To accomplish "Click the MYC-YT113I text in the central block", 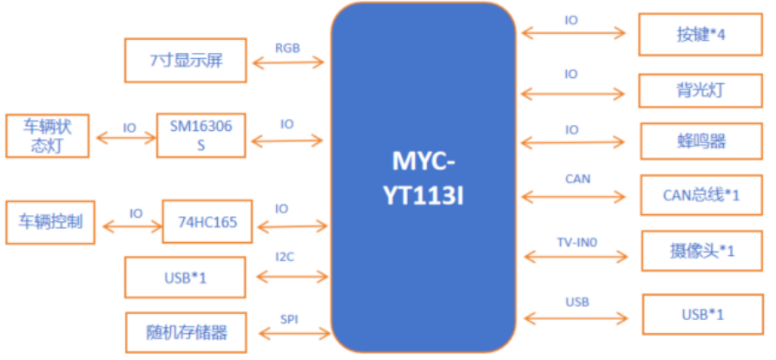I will pyautogui.click(x=424, y=178).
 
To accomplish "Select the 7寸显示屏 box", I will pyautogui.click(x=187, y=61).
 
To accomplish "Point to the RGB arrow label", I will pyautogui.click(x=287, y=48).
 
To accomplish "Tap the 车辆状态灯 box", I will pyautogui.click(x=48, y=136).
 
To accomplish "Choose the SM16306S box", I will pyautogui.click(x=201, y=134).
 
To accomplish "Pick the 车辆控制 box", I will pyautogui.click(x=51, y=221).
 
